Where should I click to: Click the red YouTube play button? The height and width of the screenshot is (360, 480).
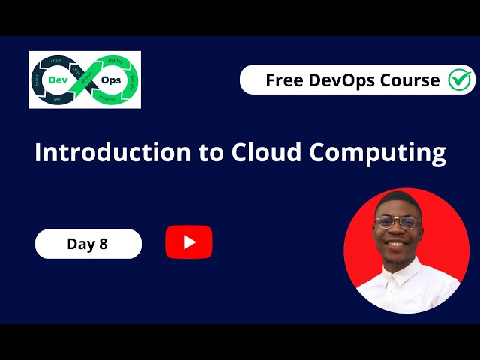pyautogui.click(x=189, y=241)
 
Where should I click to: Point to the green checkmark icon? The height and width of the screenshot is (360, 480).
pyautogui.click(x=459, y=79)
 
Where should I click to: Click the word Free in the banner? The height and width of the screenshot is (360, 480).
pyautogui.click(x=283, y=80)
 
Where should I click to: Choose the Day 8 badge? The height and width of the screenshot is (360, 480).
pyautogui.click(x=88, y=244)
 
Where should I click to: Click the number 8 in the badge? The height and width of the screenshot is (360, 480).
pyautogui.click(x=103, y=244)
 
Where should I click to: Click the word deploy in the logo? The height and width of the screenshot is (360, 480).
pyautogui.click(x=115, y=60)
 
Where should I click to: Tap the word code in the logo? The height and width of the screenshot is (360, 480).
pyautogui.click(x=55, y=59)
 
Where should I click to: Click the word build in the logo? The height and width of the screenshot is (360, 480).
pyautogui.click(x=36, y=79)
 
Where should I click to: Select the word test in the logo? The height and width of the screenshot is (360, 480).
pyautogui.click(x=57, y=100)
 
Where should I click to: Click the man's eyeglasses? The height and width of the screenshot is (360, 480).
pyautogui.click(x=396, y=223)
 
